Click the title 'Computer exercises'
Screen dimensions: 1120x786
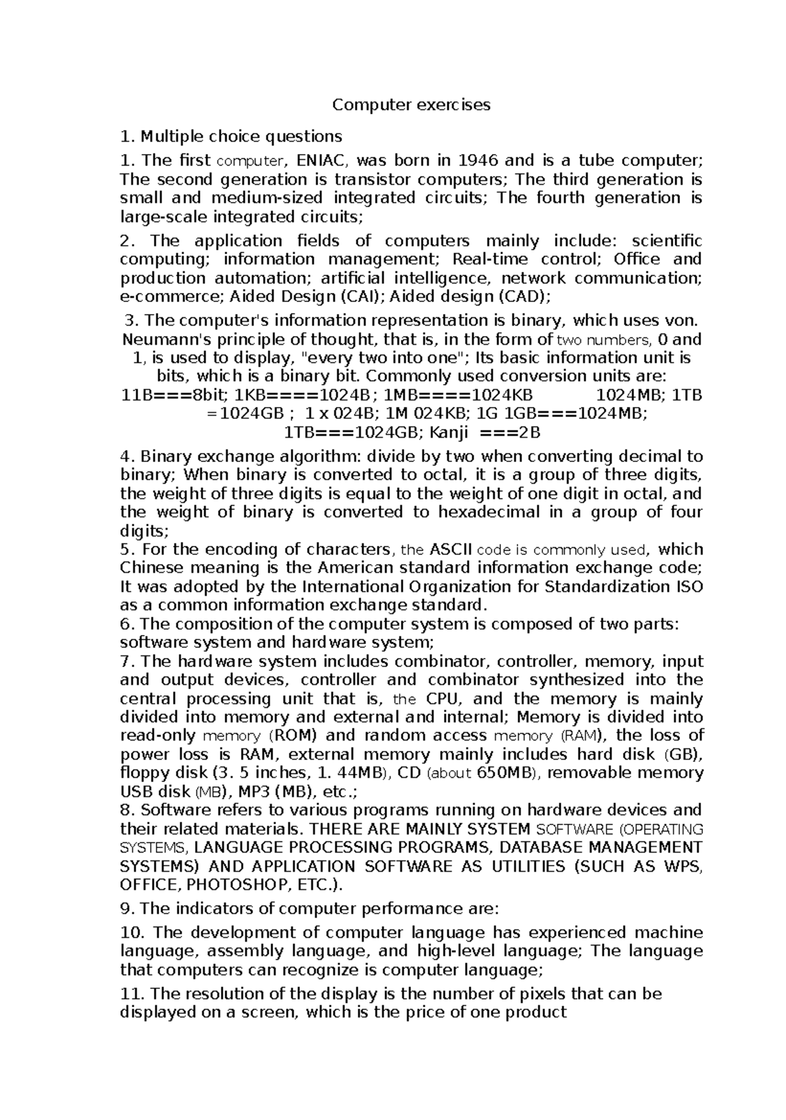coord(411,105)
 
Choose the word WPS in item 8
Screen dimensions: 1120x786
coord(683,866)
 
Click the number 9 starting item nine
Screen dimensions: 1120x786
coord(126,909)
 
